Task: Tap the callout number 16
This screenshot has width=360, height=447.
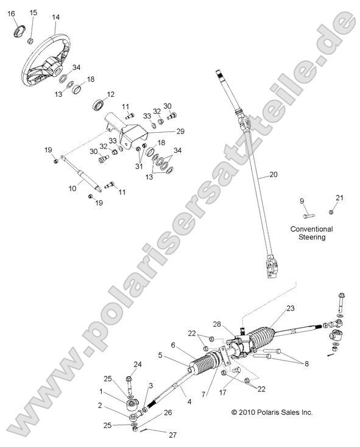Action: (11, 14)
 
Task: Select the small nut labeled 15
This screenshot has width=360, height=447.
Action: (30, 41)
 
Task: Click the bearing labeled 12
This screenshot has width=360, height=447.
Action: (99, 104)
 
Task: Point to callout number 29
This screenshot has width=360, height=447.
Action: (180, 131)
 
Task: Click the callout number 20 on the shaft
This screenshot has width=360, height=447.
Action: (274, 174)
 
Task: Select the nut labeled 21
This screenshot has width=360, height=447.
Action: (331, 212)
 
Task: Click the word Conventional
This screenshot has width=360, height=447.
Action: (311, 229)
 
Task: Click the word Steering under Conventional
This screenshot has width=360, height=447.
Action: (312, 237)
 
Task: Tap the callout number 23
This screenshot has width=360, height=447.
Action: (291, 308)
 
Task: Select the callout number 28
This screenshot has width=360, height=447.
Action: (217, 325)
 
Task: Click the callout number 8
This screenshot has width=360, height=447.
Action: (306, 364)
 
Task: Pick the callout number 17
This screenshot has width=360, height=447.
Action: (222, 392)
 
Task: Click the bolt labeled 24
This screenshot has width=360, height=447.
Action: (129, 384)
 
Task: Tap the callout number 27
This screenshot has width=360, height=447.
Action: (173, 435)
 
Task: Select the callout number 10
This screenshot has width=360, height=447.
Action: (72, 188)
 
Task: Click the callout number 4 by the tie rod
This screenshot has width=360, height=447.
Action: (189, 402)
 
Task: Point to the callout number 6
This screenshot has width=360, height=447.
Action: (173, 345)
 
